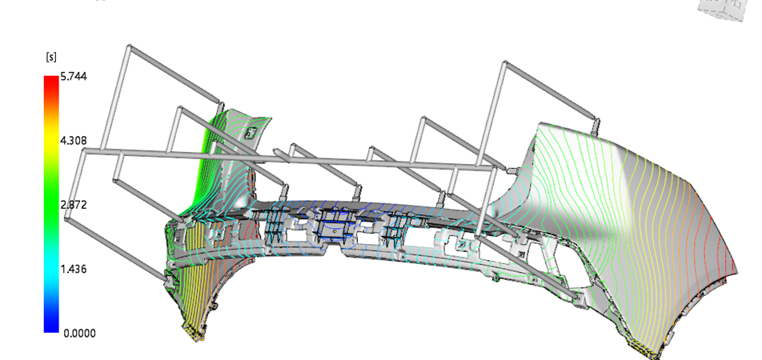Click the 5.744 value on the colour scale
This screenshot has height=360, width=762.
[x=74, y=76]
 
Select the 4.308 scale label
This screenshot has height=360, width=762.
[x=74, y=141]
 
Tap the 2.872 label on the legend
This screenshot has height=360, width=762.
[x=74, y=205]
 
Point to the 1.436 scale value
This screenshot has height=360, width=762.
[x=74, y=269]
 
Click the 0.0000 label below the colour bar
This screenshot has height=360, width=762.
[x=79, y=334]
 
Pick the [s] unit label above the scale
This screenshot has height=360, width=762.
[x=51, y=58]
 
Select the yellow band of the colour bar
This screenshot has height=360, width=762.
[x=51, y=141]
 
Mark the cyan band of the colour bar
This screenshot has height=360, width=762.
[x=51, y=269]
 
